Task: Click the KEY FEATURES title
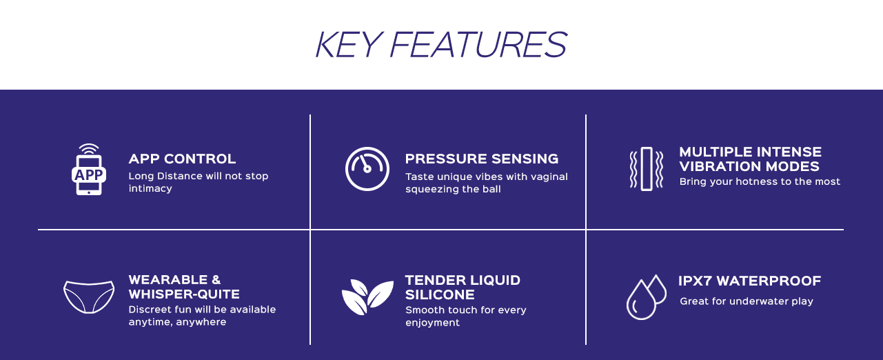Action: (441, 45)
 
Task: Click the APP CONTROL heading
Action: (182, 159)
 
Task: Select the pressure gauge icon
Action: (367, 169)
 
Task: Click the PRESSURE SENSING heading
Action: (482, 159)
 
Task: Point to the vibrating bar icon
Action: (647, 169)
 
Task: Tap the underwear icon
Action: (89, 297)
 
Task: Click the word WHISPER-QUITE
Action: (184, 294)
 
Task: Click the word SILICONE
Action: (440, 295)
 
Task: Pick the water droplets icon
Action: (647, 297)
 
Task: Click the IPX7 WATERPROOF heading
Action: (750, 281)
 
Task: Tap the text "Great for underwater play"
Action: (747, 301)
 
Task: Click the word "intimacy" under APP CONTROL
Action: (150, 188)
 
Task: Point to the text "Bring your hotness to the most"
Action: (760, 181)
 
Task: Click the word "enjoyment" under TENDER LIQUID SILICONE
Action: (432, 323)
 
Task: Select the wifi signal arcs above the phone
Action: (89, 149)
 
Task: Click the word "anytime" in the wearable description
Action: (150, 322)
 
